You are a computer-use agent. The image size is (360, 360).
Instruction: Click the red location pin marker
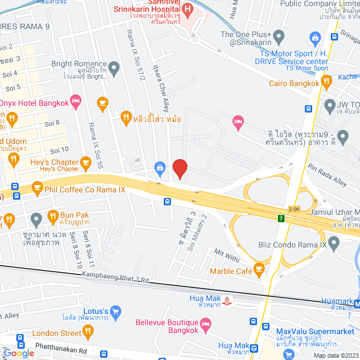[x=179, y=168]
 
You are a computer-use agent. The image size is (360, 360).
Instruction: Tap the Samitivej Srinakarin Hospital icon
[x=188, y=9]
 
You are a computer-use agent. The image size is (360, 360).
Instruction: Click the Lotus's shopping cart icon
[x=116, y=310]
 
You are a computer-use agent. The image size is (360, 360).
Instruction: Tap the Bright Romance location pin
[x=114, y=69]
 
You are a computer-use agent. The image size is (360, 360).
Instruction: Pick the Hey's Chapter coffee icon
[x=85, y=163]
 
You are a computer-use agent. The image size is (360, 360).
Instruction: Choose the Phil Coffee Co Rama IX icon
[x=37, y=187]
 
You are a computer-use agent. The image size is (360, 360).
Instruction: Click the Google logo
[x=18, y=353]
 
